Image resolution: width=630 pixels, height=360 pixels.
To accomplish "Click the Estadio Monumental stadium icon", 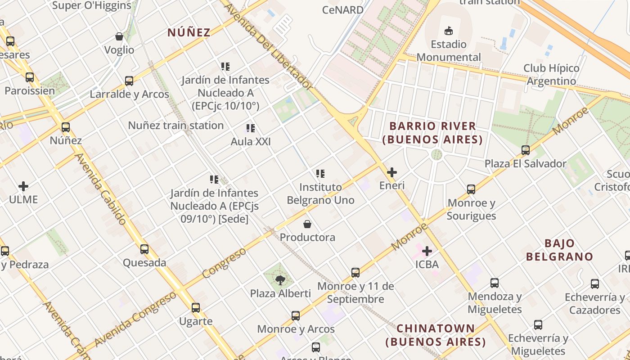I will click(x=448, y=31).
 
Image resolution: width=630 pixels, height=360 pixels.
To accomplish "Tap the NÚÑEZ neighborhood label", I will click(x=189, y=32).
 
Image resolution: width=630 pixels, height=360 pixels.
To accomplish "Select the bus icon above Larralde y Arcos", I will click(x=129, y=81).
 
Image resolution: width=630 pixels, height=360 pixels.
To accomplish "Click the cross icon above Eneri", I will click(x=392, y=172).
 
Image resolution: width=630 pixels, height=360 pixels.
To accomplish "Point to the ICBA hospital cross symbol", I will click(x=427, y=251).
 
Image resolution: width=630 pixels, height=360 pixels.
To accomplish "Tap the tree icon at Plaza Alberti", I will click(x=280, y=280).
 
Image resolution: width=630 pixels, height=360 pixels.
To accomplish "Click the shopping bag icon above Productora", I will click(x=307, y=224).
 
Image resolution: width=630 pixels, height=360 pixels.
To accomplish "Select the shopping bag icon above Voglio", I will click(x=119, y=36).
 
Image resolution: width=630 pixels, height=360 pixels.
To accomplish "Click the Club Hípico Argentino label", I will click(x=551, y=75).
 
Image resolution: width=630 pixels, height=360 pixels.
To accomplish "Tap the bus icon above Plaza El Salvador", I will click(x=526, y=150).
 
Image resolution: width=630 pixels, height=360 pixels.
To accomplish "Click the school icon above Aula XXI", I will click(x=251, y=128).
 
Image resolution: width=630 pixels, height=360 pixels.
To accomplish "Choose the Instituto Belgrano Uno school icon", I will click(x=320, y=173).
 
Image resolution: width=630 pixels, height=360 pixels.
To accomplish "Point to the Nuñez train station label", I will click(x=176, y=126).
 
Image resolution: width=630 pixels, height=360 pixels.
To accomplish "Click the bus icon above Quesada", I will click(x=144, y=249).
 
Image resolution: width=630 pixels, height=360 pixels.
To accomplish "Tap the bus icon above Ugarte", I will click(x=196, y=308).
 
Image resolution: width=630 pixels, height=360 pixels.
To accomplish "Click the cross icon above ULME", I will click(x=23, y=186).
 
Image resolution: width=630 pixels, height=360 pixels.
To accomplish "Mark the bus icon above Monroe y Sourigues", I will click(x=471, y=189).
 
